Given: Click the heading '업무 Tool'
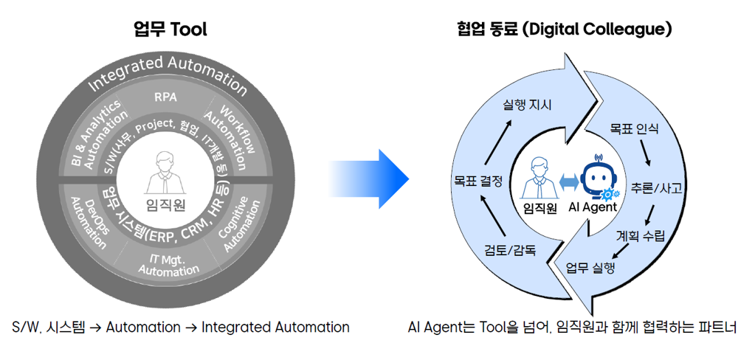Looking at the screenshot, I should click(x=170, y=30).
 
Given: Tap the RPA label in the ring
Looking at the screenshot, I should click(x=166, y=97).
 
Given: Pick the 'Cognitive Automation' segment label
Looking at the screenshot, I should click(x=237, y=225).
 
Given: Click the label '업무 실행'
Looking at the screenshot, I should click(x=590, y=267).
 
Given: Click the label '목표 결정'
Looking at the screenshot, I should click(x=478, y=179).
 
